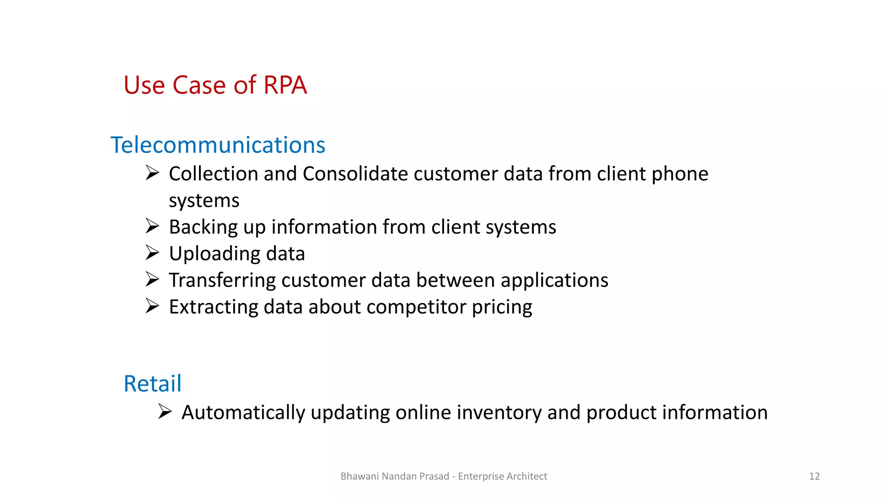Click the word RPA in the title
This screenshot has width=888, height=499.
coord(285,85)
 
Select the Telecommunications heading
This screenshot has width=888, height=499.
coord(218,145)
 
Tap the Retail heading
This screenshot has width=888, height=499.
coord(152,384)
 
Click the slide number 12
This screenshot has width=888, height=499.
coord(814,476)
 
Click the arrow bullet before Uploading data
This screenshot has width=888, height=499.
coord(152,253)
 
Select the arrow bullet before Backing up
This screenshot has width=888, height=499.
coord(152,226)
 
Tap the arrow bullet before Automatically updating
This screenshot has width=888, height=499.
coord(165,411)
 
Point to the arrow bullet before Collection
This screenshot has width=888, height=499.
coord(152,173)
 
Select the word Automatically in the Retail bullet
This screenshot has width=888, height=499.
coord(243,413)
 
